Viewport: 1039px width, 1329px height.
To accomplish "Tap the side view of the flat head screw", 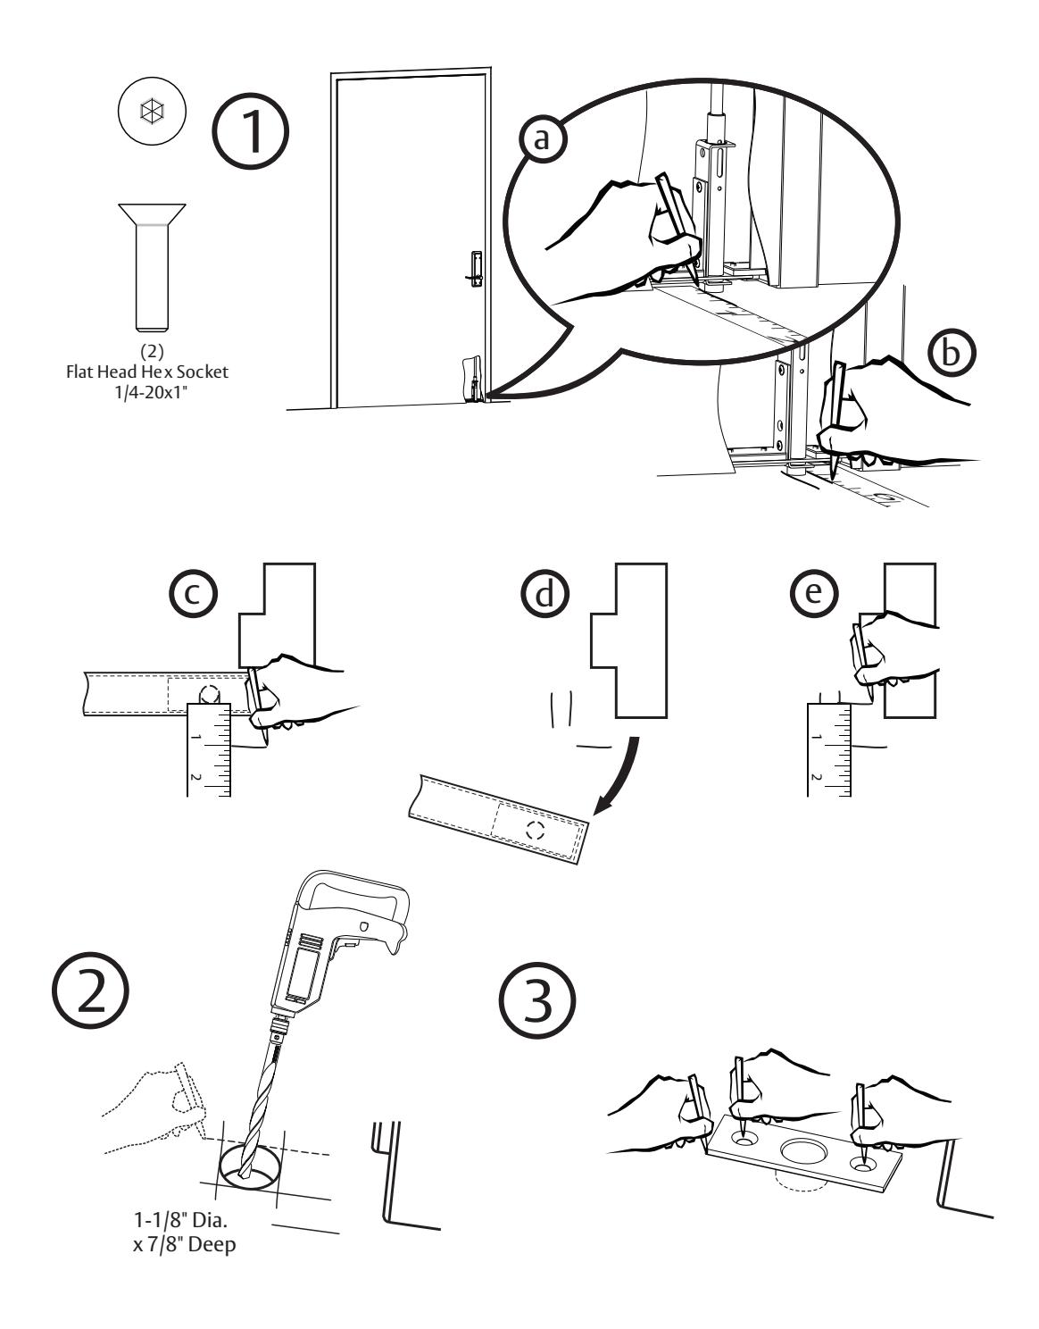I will pyautogui.click(x=152, y=264).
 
